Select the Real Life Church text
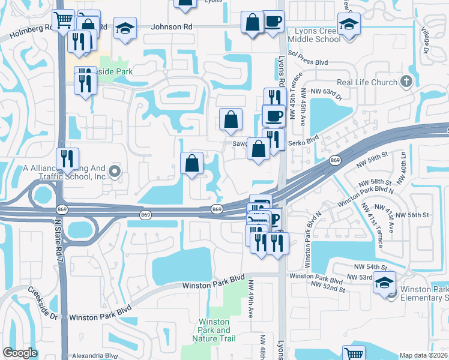click(367, 82)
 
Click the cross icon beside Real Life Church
click(406, 82)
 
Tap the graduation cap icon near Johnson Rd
click(125, 29)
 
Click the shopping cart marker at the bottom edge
click(354, 354)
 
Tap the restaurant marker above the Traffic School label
click(68, 159)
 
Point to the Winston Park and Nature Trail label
click(214, 330)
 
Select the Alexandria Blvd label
click(95, 355)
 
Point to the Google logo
click(20, 353)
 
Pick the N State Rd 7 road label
click(58, 237)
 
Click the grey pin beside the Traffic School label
click(116, 173)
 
